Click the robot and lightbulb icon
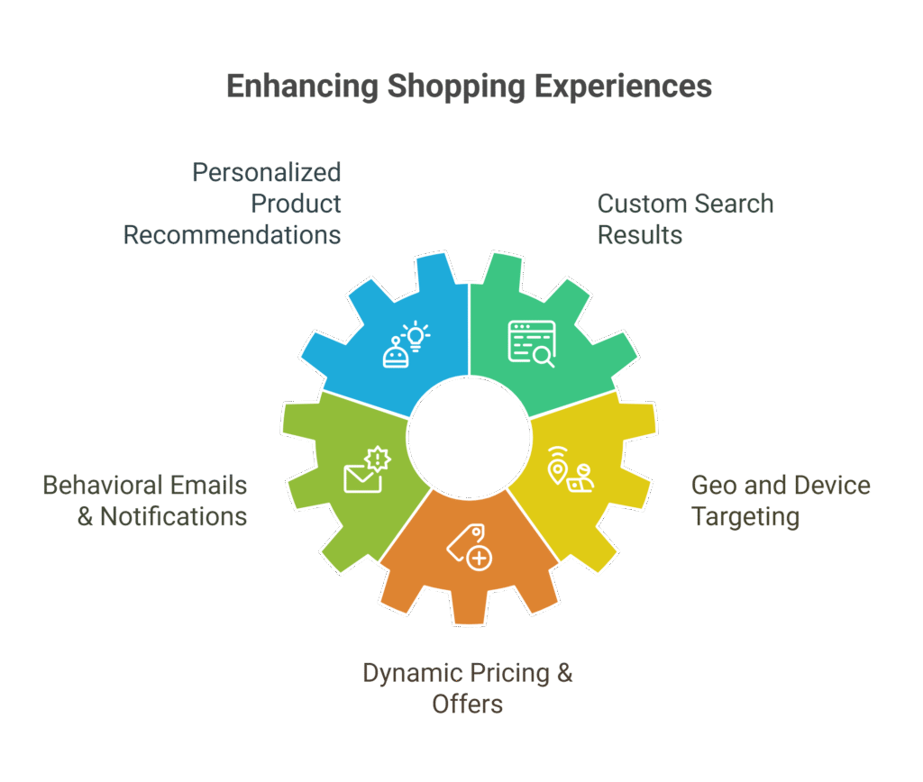coord(405,344)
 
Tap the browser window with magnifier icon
coord(531,344)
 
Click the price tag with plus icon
coord(469,547)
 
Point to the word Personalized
coord(266,172)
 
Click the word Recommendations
coord(232,235)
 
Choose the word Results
coord(639,235)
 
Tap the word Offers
coord(467,704)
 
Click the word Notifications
coord(173,517)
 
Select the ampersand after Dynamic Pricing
coord(564,673)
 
